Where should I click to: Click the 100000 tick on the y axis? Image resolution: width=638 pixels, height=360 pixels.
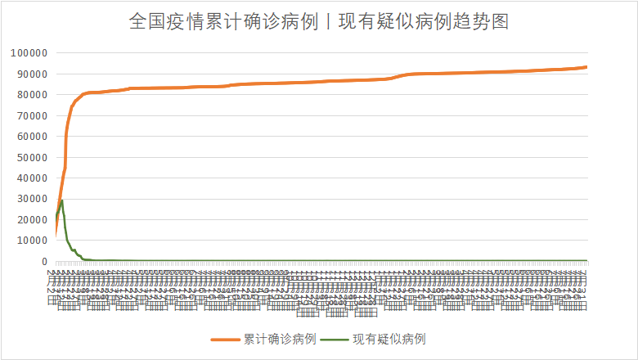tap(29, 53)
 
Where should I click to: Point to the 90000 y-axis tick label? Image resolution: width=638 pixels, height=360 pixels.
tap(32, 74)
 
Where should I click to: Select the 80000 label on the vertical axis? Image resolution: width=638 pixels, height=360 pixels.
tap(32, 95)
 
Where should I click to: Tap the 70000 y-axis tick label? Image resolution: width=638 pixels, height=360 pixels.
tap(32, 115)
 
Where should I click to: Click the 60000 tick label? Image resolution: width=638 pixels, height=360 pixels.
tap(32, 137)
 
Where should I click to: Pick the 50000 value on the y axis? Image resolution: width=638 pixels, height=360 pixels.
tap(32, 157)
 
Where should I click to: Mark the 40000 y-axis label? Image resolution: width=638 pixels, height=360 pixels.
tap(32, 178)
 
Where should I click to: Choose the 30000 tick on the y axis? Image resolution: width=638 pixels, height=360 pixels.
tap(32, 199)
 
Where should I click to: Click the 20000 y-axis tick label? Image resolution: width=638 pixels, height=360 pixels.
tap(32, 220)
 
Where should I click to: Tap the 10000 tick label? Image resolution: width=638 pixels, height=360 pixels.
tap(32, 241)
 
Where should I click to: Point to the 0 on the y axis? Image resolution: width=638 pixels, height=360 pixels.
tap(44, 262)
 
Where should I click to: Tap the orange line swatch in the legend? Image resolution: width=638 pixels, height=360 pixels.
tap(226, 339)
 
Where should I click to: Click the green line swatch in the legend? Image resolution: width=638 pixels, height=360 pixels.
tap(335, 339)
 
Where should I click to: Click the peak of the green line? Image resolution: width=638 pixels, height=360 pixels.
tap(61, 200)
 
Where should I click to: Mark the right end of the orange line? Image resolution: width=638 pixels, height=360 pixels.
tap(586, 67)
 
